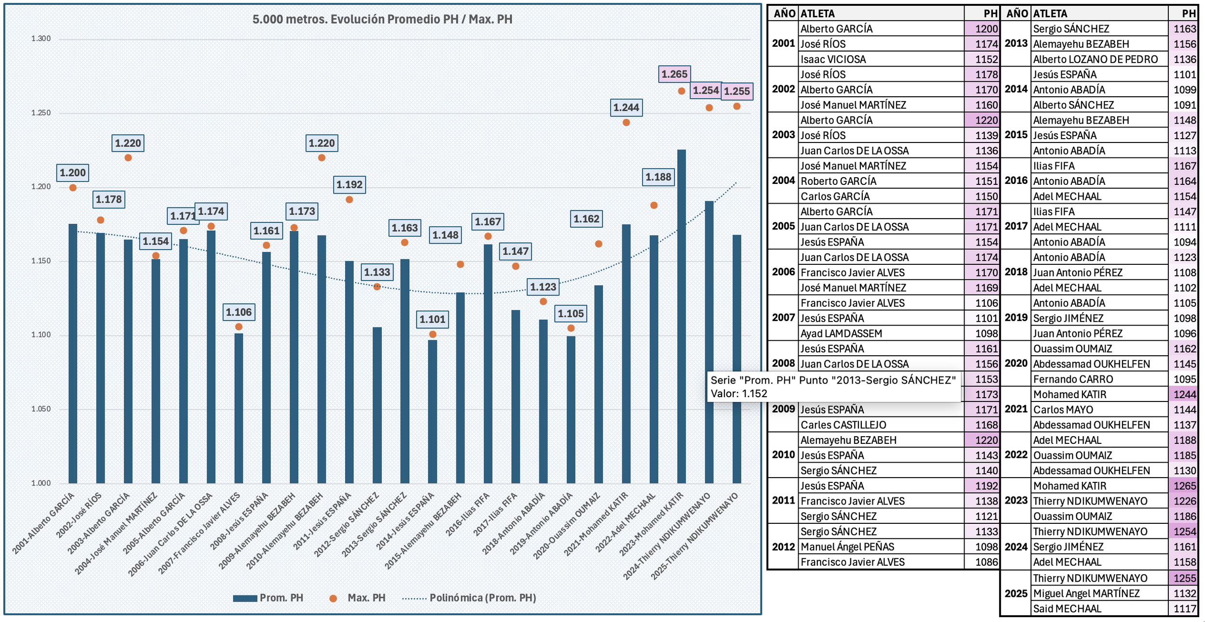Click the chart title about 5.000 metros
click(x=382, y=19)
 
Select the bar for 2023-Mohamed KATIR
click(x=681, y=318)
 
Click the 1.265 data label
click(x=674, y=74)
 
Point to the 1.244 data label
click(x=626, y=107)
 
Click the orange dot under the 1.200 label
click(x=73, y=188)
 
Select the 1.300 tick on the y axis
click(x=41, y=39)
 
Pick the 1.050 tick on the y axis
click(x=41, y=409)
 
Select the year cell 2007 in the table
click(x=783, y=318)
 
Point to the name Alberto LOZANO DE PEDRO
click(x=1095, y=59)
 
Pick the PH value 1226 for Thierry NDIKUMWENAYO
click(x=1184, y=501)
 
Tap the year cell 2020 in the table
click(x=1016, y=363)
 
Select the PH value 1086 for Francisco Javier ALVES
click(x=986, y=562)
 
